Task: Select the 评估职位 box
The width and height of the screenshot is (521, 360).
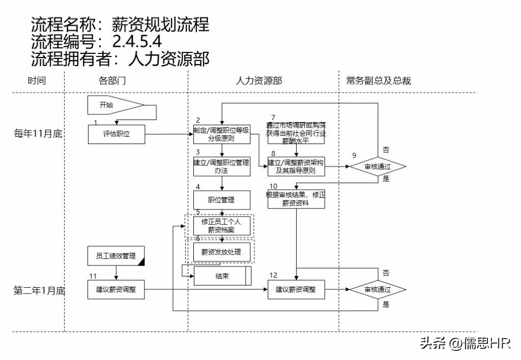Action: tap(116, 134)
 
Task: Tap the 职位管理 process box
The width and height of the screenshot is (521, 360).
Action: tap(222, 200)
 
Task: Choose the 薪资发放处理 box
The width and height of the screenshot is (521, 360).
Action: tap(222, 252)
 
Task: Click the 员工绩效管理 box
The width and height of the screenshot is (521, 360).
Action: tap(116, 256)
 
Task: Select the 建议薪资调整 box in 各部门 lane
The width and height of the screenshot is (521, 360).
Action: tap(116, 290)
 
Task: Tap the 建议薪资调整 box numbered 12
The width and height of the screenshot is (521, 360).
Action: tap(296, 290)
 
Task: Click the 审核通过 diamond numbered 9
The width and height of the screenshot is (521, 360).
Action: tap(378, 166)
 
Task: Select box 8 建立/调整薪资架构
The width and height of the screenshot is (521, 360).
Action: tap(296, 167)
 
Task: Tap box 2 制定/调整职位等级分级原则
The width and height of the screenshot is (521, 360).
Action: tap(222, 134)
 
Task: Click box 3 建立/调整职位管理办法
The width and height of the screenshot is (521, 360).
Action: tap(222, 167)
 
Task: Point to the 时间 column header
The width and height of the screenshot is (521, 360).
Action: tap(37, 81)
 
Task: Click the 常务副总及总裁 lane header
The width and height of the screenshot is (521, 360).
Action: tap(379, 81)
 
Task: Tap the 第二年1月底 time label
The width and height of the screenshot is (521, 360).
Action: tap(39, 290)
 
